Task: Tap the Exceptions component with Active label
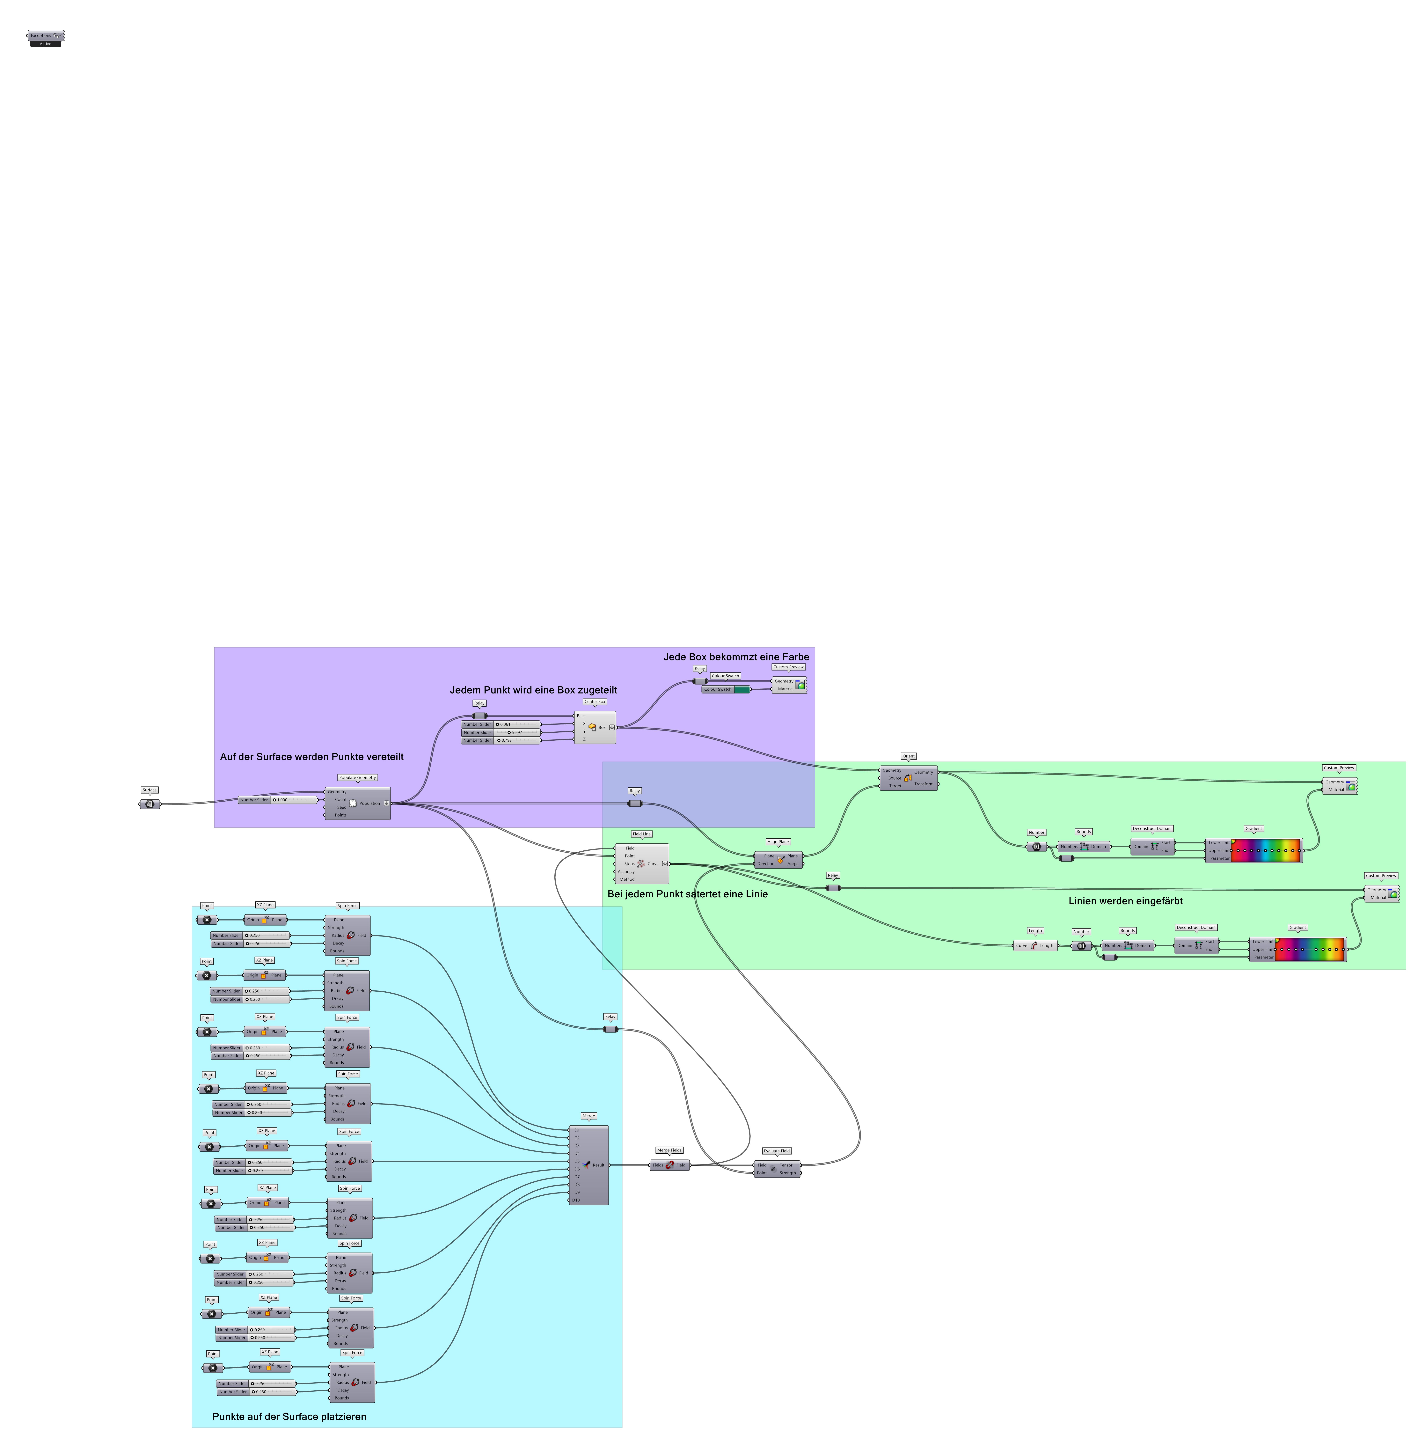(x=46, y=36)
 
